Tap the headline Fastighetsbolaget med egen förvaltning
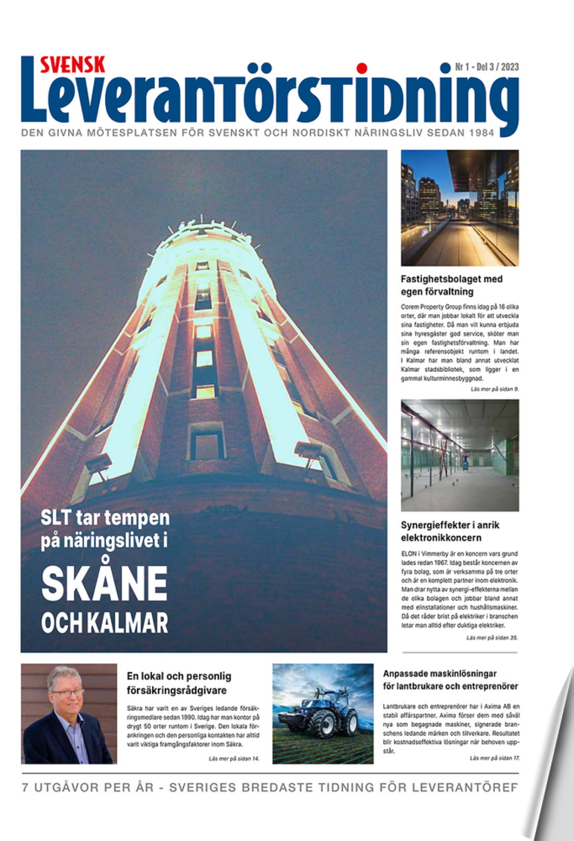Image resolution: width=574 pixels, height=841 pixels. click(452, 286)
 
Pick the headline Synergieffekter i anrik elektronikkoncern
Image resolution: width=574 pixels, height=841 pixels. click(450, 530)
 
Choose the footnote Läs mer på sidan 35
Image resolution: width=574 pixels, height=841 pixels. click(491, 638)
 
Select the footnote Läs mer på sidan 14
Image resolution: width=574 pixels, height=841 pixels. click(233, 758)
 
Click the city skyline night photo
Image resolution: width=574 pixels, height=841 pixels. click(459, 208)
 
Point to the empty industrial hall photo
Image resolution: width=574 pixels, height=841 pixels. click(459, 455)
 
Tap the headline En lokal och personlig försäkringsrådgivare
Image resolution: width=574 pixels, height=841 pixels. click(179, 683)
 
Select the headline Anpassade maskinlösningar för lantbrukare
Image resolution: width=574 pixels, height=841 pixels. click(450, 678)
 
